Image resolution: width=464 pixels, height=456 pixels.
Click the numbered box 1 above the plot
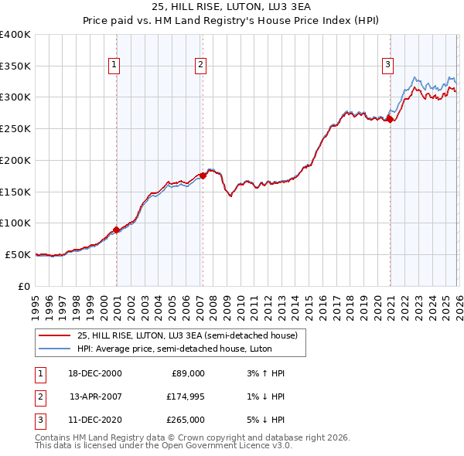tap(114, 66)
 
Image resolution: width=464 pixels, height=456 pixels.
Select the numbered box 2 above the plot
tap(200, 66)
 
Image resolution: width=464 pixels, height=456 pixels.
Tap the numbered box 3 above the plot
tap(387, 66)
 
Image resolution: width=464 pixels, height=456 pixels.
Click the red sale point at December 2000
tap(117, 230)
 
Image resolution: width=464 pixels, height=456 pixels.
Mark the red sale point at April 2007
tap(203, 175)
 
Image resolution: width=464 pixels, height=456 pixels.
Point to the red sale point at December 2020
tap(391, 119)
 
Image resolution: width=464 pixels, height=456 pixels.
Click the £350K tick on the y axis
tap(15, 66)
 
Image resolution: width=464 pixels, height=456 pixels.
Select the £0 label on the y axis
tap(24, 286)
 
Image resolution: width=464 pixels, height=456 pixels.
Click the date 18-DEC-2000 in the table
tap(95, 373)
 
